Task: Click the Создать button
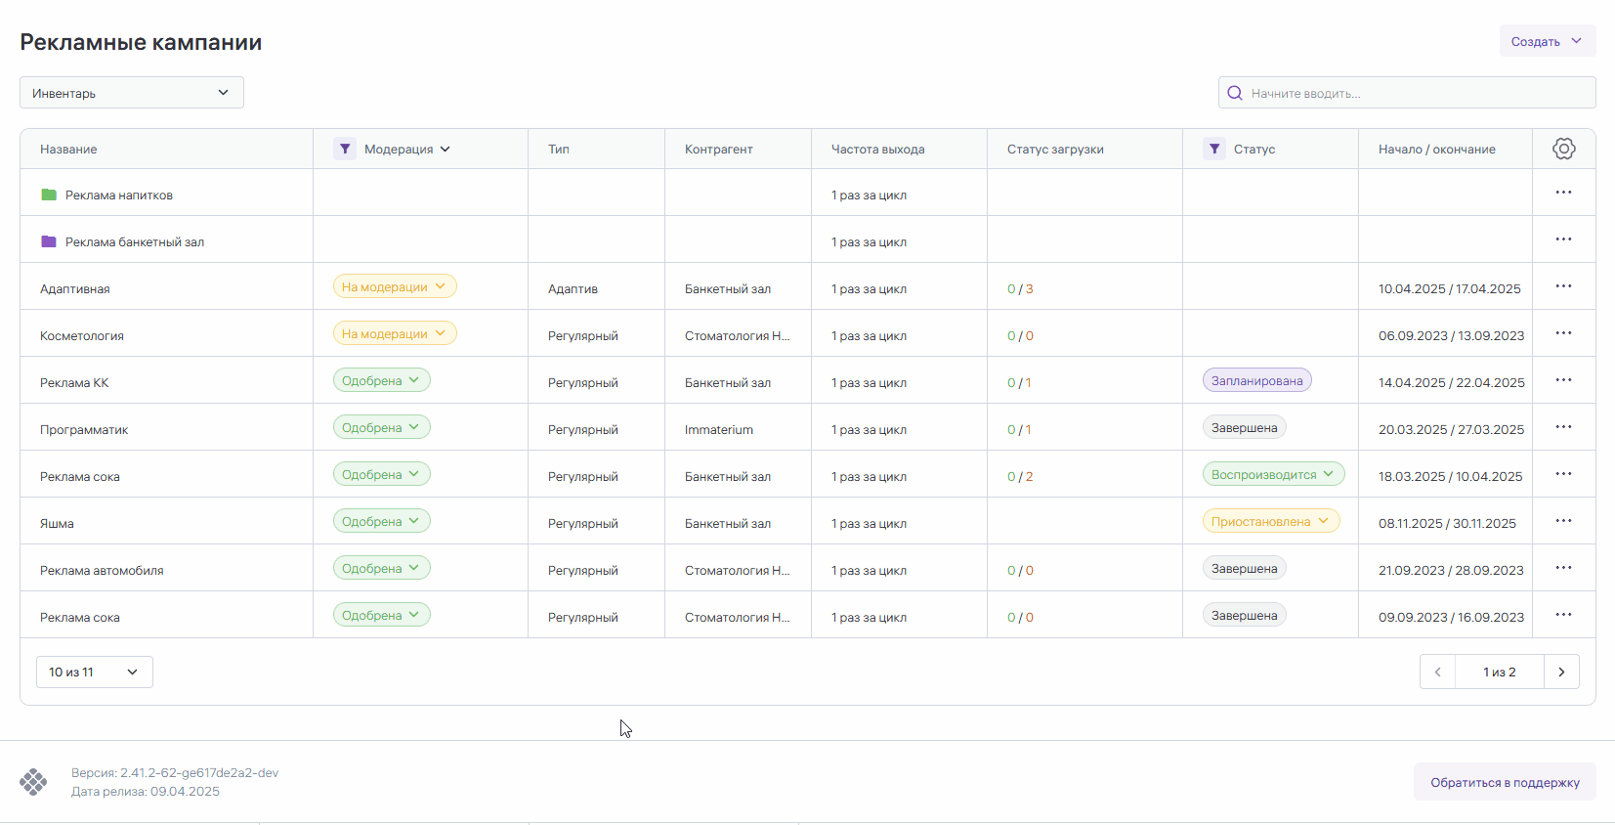[1547, 41]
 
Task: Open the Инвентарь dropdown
[132, 93]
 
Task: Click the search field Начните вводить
[1407, 93]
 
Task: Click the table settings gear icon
[1563, 149]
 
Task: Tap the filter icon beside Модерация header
[345, 149]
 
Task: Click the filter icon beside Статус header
[1214, 149]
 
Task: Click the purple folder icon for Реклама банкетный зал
[49, 241]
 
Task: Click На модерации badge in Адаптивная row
[394, 286]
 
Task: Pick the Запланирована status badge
[1256, 380]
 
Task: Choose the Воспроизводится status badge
[1273, 474]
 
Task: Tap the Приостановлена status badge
[1270, 521]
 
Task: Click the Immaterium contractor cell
[719, 429]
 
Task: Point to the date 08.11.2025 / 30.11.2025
[1447, 523]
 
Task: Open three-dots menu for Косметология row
[1563, 333]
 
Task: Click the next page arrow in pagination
[1561, 672]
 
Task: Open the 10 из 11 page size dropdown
[94, 672]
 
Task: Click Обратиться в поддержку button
[1505, 782]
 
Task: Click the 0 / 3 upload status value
[1020, 288]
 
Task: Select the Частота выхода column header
[877, 149]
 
